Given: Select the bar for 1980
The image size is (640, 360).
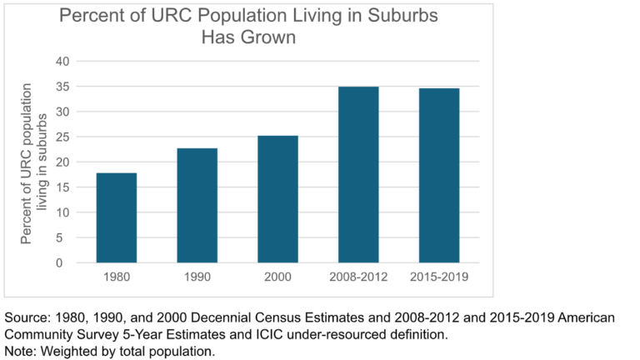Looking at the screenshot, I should pyautogui.click(x=117, y=217).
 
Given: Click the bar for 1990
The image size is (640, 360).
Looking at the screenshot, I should pyautogui.click(x=197, y=205).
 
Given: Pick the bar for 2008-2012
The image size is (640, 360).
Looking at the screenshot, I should pyautogui.click(x=358, y=174).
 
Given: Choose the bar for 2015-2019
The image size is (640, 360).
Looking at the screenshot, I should pyautogui.click(x=439, y=175).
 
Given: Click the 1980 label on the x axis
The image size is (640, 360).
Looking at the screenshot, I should pyautogui.click(x=117, y=277).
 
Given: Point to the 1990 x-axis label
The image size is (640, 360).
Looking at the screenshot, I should pyautogui.click(x=197, y=277).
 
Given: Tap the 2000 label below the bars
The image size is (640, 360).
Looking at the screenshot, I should pyautogui.click(x=277, y=277).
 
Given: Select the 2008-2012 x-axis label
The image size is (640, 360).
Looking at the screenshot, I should pyautogui.click(x=358, y=277).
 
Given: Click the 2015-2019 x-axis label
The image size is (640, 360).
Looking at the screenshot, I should pyautogui.click(x=439, y=277).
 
